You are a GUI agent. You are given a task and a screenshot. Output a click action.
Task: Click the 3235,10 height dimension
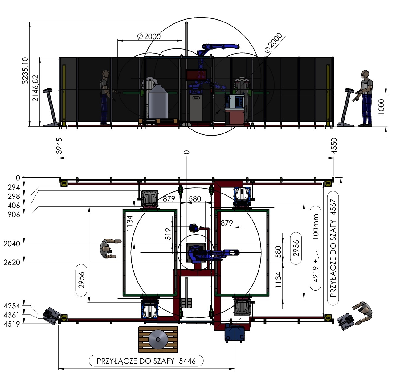click(25, 71)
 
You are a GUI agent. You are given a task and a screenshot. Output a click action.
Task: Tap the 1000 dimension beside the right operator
click(381, 107)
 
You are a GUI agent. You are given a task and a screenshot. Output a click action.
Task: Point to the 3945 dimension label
click(59, 146)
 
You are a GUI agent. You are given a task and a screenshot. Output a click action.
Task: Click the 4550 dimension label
click(334, 146)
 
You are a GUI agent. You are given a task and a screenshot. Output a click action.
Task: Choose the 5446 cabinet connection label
click(146, 361)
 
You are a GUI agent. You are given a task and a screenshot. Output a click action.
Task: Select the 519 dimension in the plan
click(168, 234)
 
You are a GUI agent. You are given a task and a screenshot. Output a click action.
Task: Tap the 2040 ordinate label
click(12, 244)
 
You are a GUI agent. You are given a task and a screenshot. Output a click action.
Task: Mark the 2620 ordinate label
click(12, 263)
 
